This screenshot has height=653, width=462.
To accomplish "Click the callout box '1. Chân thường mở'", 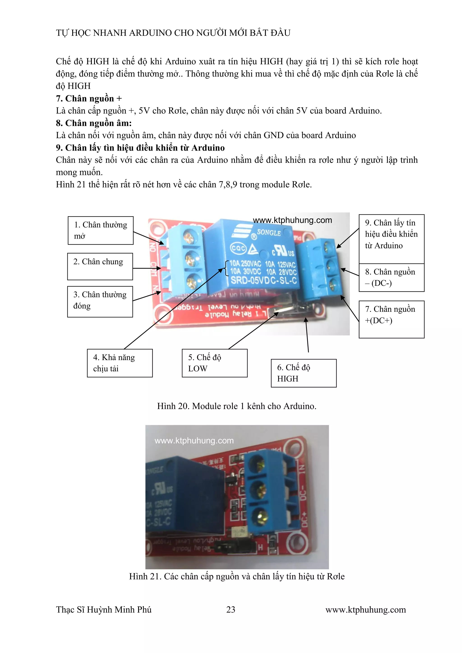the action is point(100,230).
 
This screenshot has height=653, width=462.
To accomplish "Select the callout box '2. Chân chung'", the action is point(100,266).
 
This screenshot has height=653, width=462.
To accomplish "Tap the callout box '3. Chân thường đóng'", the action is point(100,301).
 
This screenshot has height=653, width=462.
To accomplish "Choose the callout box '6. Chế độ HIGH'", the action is point(304,373).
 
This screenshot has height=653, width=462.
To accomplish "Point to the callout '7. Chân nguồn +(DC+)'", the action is point(391,319).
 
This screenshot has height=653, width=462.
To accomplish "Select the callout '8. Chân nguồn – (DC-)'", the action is point(391,278).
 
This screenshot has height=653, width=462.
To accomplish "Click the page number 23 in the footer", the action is point(231,609).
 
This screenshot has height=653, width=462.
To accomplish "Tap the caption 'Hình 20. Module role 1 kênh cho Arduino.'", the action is point(237,406).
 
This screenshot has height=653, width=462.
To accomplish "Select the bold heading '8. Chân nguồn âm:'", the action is point(94,123).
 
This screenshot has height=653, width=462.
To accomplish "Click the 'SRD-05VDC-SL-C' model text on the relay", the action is point(263,281).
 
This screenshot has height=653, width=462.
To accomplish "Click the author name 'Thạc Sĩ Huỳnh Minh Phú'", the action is point(104,609).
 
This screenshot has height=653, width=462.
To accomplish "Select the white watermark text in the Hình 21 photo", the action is point(194,441).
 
